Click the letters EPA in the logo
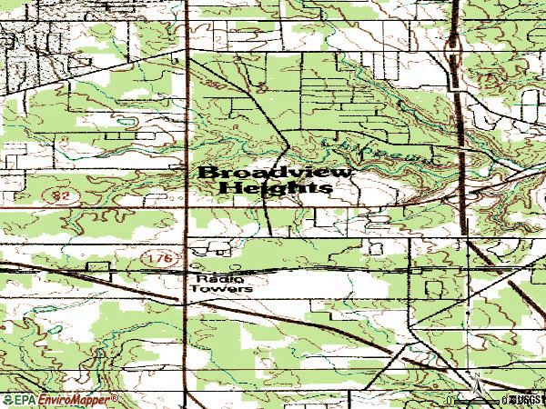tap(24, 400)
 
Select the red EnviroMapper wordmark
tap(72, 400)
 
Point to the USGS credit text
tap(527, 400)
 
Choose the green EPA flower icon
tap(7, 400)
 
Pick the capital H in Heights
tap(229, 187)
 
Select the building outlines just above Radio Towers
tap(209, 248)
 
